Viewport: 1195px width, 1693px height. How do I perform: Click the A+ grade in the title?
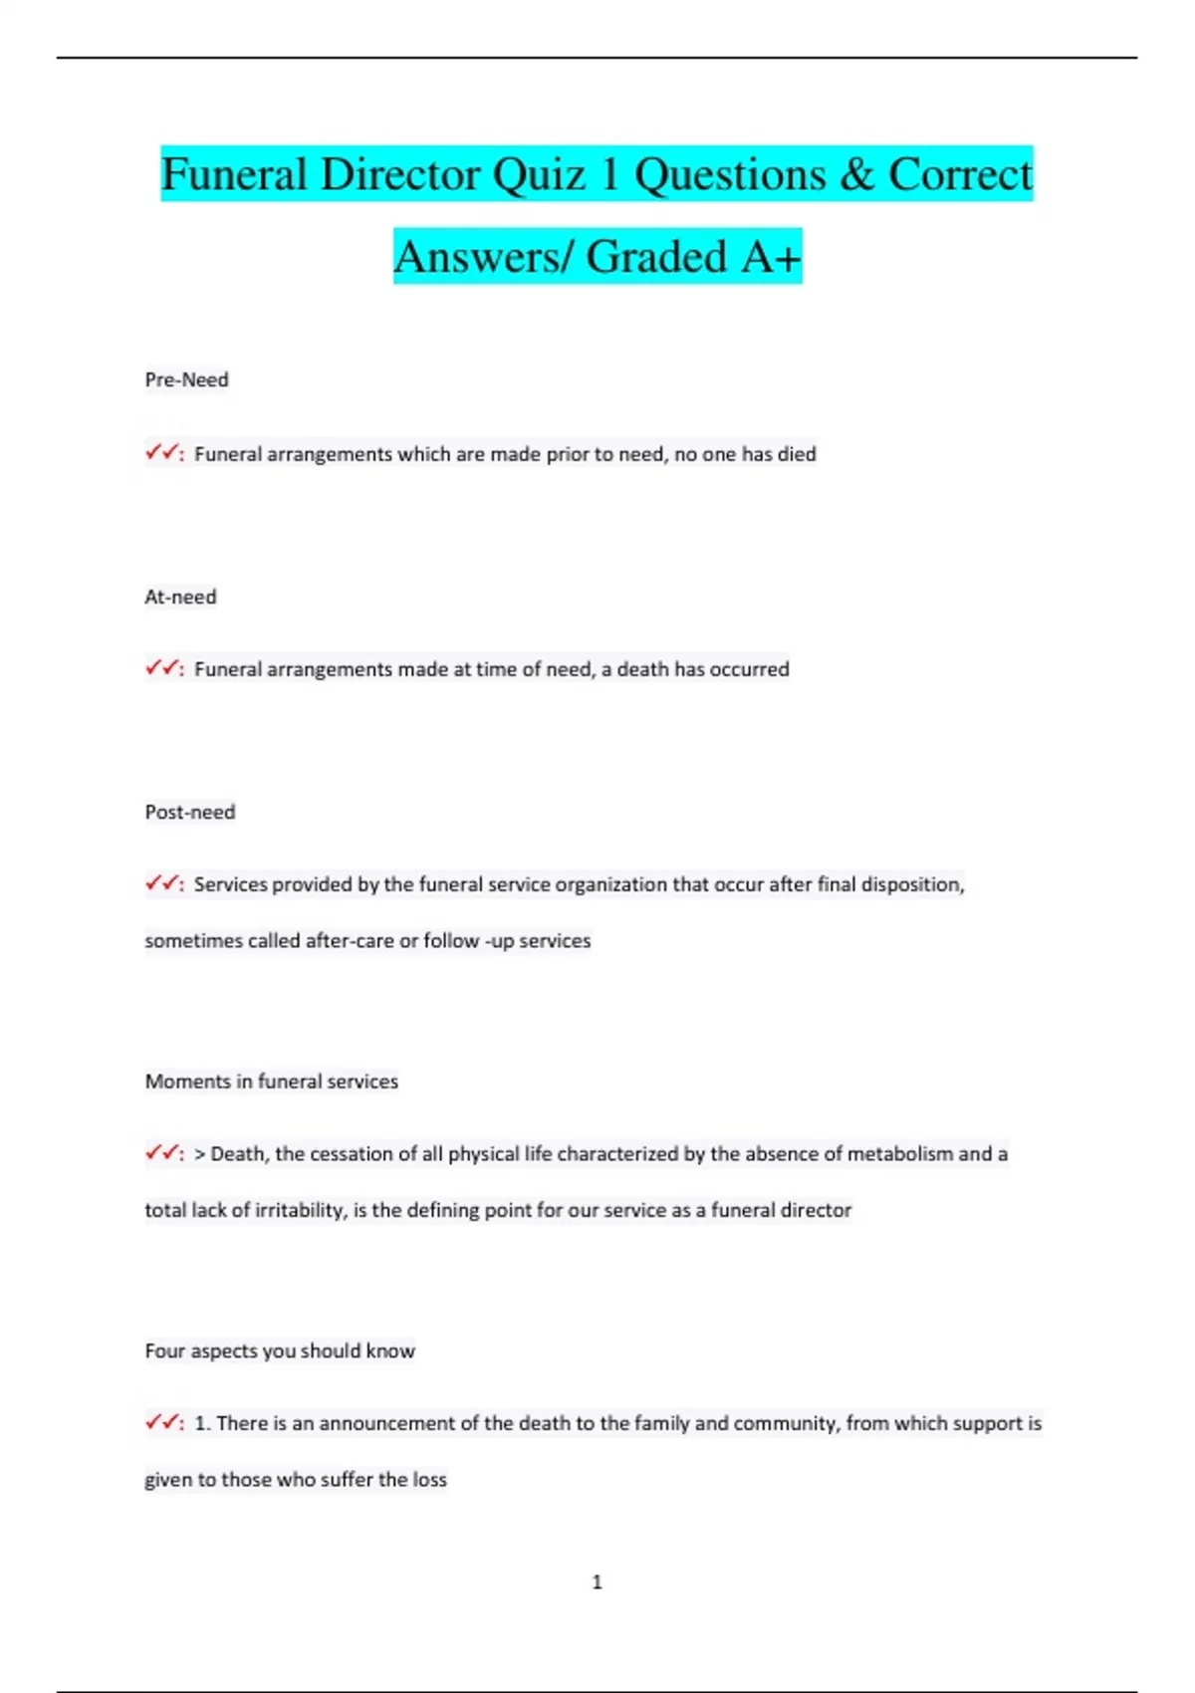(771, 257)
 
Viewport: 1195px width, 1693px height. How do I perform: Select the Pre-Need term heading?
(186, 379)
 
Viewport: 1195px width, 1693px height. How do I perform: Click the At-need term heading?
(180, 597)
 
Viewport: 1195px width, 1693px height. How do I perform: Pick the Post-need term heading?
(190, 812)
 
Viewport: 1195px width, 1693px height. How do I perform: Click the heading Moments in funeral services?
(271, 1082)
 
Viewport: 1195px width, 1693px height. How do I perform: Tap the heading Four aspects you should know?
(280, 1351)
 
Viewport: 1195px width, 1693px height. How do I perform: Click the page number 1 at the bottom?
(597, 1581)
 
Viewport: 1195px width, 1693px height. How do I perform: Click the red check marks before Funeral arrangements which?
(161, 453)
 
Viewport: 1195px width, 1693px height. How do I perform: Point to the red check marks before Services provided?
(161, 883)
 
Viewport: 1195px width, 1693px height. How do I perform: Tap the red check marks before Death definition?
(161, 1153)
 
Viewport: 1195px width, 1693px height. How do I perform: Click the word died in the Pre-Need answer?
(797, 454)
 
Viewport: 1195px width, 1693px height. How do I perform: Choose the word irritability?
(293, 1211)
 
